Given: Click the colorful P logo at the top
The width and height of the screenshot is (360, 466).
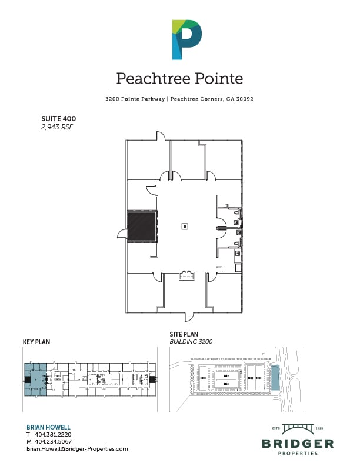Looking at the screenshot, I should click(186, 39).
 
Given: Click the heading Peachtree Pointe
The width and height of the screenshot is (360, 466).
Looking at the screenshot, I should click(179, 78).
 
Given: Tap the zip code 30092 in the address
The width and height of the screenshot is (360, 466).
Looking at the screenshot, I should click(242, 99).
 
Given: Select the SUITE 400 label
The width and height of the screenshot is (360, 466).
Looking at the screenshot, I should click(58, 118).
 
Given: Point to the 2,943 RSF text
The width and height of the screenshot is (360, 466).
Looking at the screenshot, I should click(56, 127).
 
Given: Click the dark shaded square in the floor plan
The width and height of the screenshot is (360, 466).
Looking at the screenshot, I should click(142, 227).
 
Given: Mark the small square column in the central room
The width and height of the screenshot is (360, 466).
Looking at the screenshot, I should click(185, 226).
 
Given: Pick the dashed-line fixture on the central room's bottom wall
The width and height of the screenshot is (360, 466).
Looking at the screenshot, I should click(187, 274).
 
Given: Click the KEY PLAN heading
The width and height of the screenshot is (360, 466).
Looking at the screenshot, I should click(35, 341).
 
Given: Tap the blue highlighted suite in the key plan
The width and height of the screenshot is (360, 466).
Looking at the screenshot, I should click(35, 380).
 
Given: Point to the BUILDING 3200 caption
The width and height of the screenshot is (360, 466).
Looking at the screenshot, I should click(191, 341).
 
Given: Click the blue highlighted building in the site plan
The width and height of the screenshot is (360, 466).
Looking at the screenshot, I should click(274, 377).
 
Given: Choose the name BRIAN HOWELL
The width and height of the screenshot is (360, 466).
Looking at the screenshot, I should click(48, 427).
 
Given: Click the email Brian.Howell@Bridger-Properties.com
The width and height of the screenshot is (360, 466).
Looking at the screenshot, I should click(77, 448).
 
